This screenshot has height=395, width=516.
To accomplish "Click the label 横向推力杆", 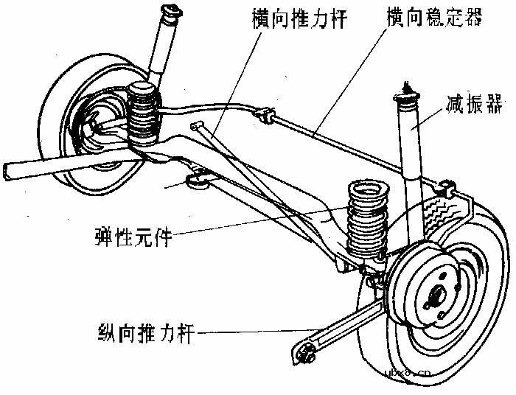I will point(292,18).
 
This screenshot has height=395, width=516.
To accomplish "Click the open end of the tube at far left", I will point(6,170).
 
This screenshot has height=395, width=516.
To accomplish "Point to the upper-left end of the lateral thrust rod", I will point(198,127).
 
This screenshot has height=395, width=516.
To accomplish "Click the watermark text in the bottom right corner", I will point(412,374).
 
